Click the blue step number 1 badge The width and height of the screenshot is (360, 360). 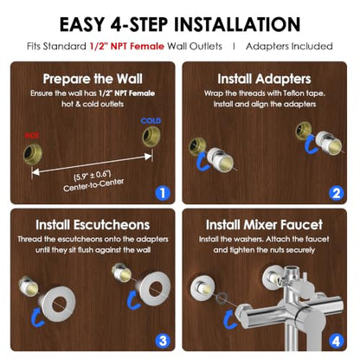click(163, 193)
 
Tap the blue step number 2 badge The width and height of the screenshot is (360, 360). click(337, 193)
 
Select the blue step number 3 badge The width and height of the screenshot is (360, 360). click(163, 341)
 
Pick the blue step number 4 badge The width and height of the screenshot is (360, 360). click(337, 341)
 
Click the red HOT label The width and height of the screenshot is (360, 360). click(31, 135)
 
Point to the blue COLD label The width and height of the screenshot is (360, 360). click(151, 120)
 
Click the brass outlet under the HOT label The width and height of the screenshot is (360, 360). click(33, 154)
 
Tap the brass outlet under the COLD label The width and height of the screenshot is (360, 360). click(151, 137)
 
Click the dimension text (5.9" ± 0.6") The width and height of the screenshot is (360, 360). click(93, 176)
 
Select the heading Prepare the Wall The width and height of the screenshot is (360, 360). click(93, 79)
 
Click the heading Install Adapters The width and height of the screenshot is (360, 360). click(264, 79)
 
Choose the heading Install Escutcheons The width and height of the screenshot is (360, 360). click(93, 225)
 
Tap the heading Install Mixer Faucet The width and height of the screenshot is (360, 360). click(264, 225)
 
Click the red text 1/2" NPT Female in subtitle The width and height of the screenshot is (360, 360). click(126, 46)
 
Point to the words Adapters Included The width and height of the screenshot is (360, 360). click(289, 46)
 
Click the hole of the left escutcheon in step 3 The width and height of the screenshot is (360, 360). click(59, 304)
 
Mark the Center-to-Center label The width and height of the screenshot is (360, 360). click(93, 185)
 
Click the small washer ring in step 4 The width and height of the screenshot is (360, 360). click(222, 297)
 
